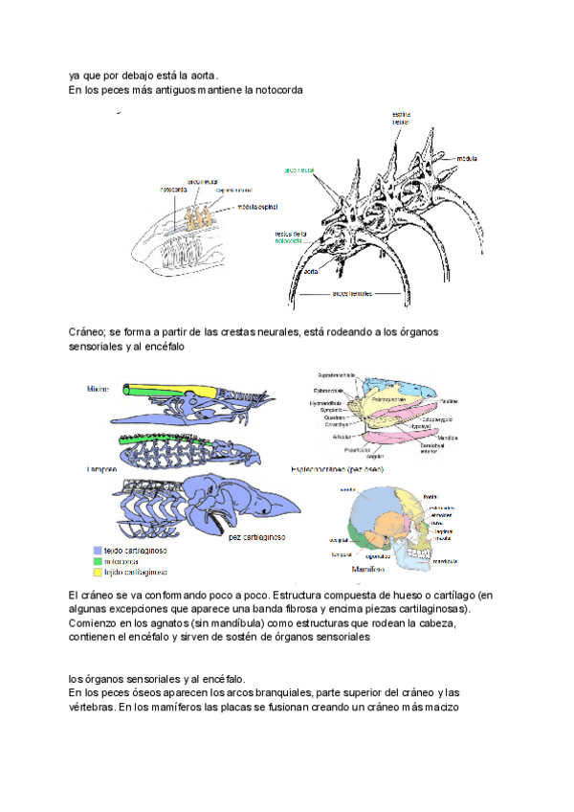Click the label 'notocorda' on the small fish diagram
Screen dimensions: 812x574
172,190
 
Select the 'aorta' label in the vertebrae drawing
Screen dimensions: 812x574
309,272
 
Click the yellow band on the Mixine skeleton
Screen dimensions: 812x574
153,391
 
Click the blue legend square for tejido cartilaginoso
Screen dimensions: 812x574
98,551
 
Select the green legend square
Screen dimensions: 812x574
98,561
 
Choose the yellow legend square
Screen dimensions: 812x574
98,572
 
